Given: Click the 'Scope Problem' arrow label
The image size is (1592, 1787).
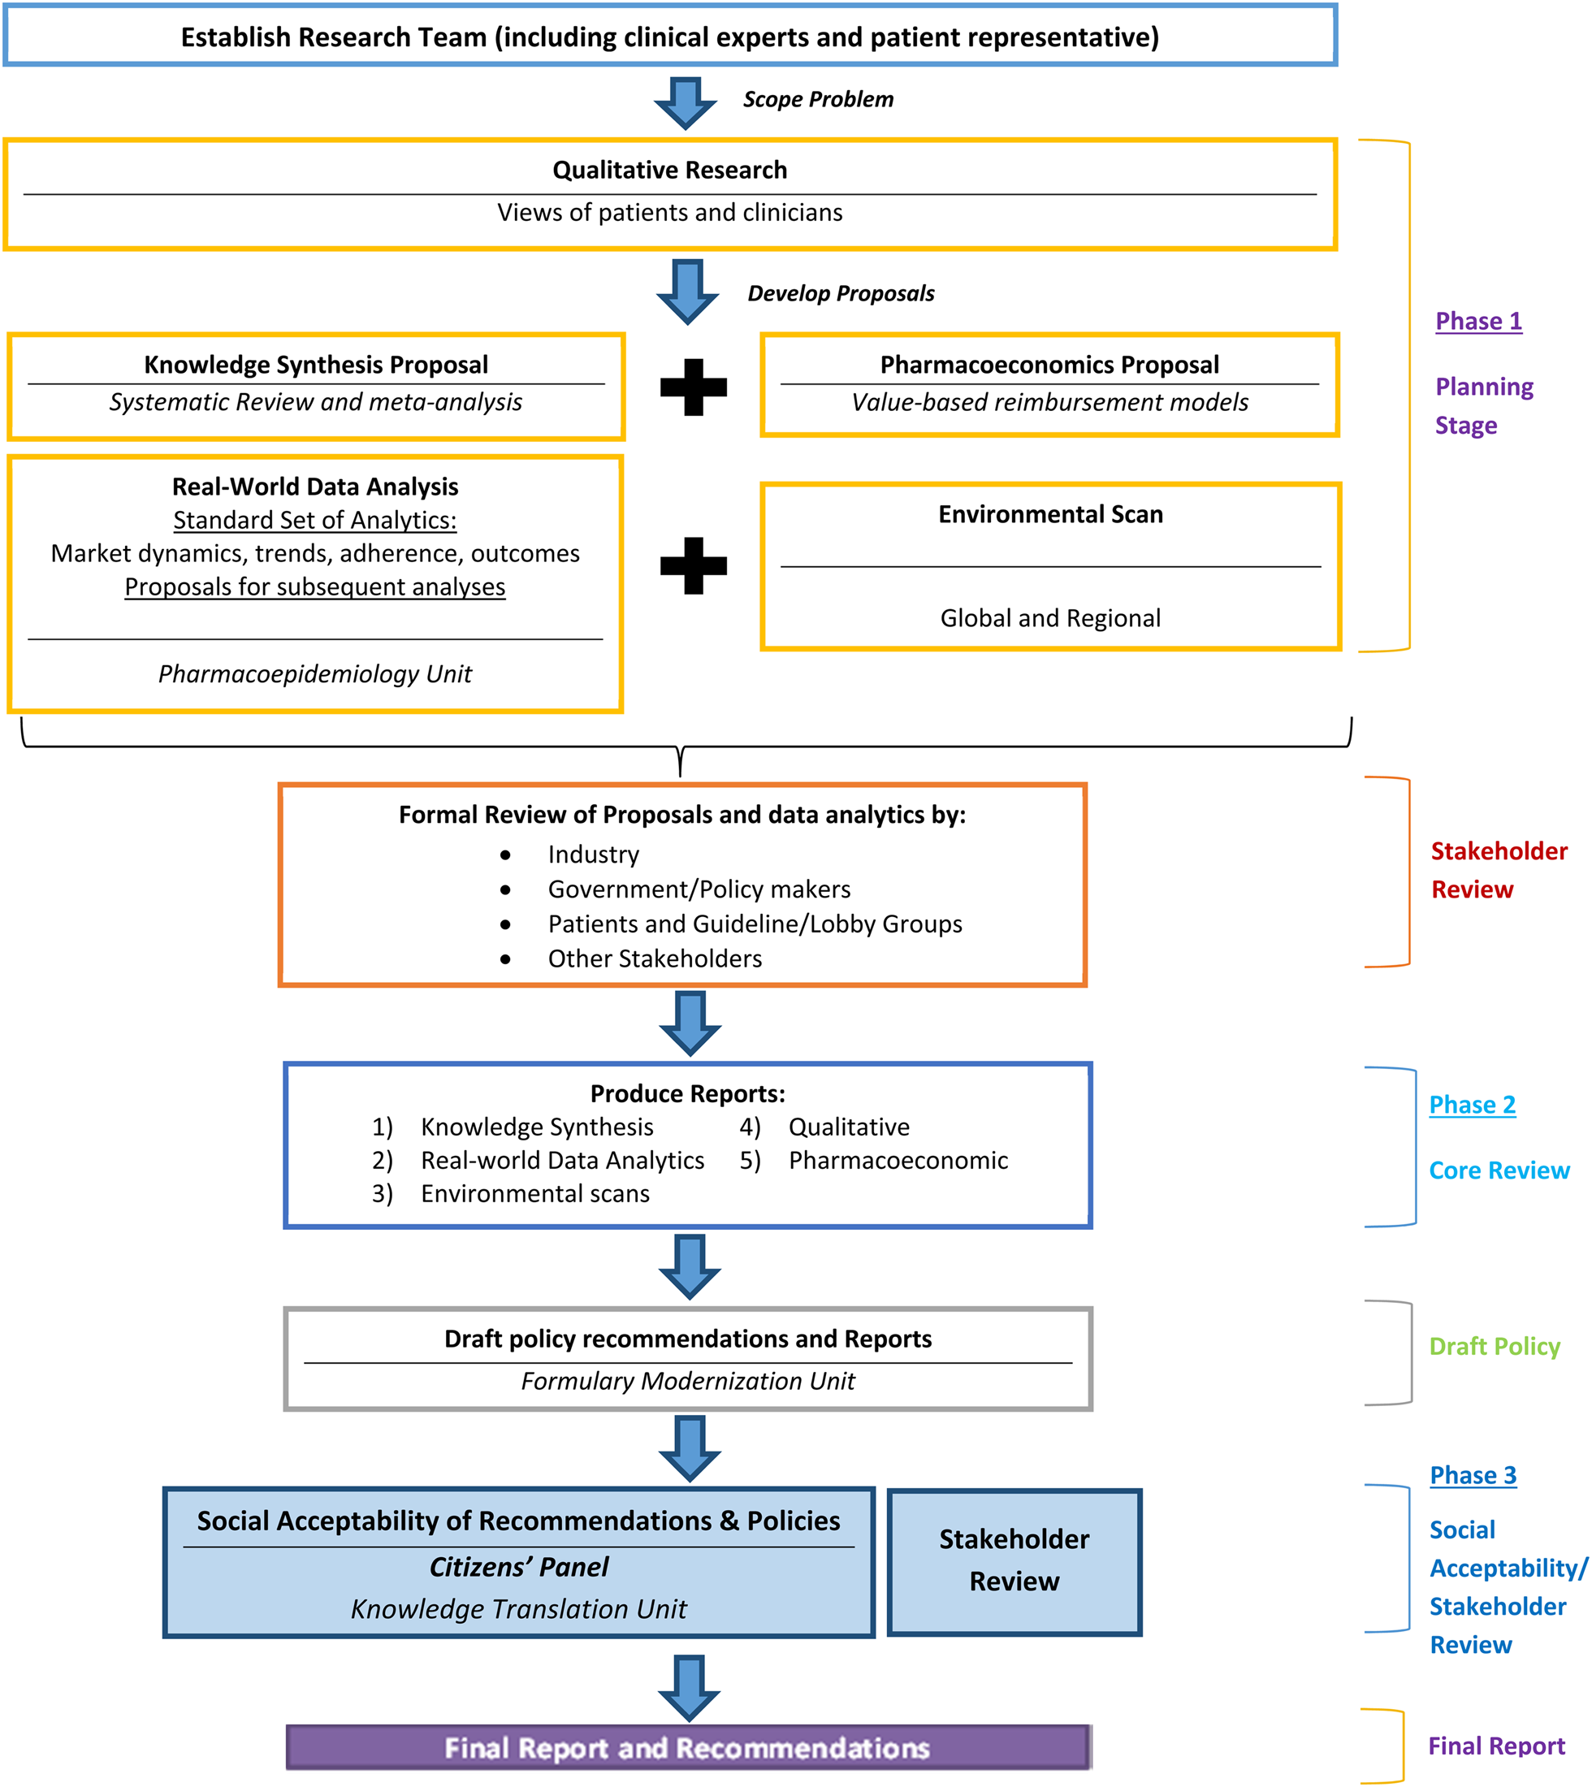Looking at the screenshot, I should pos(818,99).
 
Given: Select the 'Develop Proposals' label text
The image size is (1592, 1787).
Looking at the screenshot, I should pos(841,293).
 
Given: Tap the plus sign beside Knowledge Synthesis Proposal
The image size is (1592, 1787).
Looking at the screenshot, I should pos(693,387).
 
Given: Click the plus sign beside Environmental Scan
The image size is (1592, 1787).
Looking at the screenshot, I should pos(693,566).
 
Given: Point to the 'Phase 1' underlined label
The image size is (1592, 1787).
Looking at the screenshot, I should pos(1478,321).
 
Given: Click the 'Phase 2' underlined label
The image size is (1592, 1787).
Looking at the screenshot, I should pos(1472,1105).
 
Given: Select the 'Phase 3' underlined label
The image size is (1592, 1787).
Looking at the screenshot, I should pos(1473,1475).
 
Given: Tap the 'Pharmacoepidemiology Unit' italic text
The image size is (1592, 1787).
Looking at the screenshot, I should pos(315,673).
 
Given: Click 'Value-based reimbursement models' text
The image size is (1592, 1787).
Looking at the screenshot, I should pos(1049,402).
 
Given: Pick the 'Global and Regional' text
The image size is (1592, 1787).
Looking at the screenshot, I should pos(1049,618).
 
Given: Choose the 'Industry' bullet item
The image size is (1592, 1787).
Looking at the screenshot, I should pos(593,855).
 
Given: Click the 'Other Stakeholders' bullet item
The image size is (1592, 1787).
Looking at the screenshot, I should pos(655,958).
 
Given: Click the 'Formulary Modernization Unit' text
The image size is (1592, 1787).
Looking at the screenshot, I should pos(687,1380).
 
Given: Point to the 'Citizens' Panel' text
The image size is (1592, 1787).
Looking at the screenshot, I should pos(519,1567).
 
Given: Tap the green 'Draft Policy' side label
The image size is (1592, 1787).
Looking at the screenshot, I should pos(1494,1346).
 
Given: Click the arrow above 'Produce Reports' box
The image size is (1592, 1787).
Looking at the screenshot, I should pos(690,1023).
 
